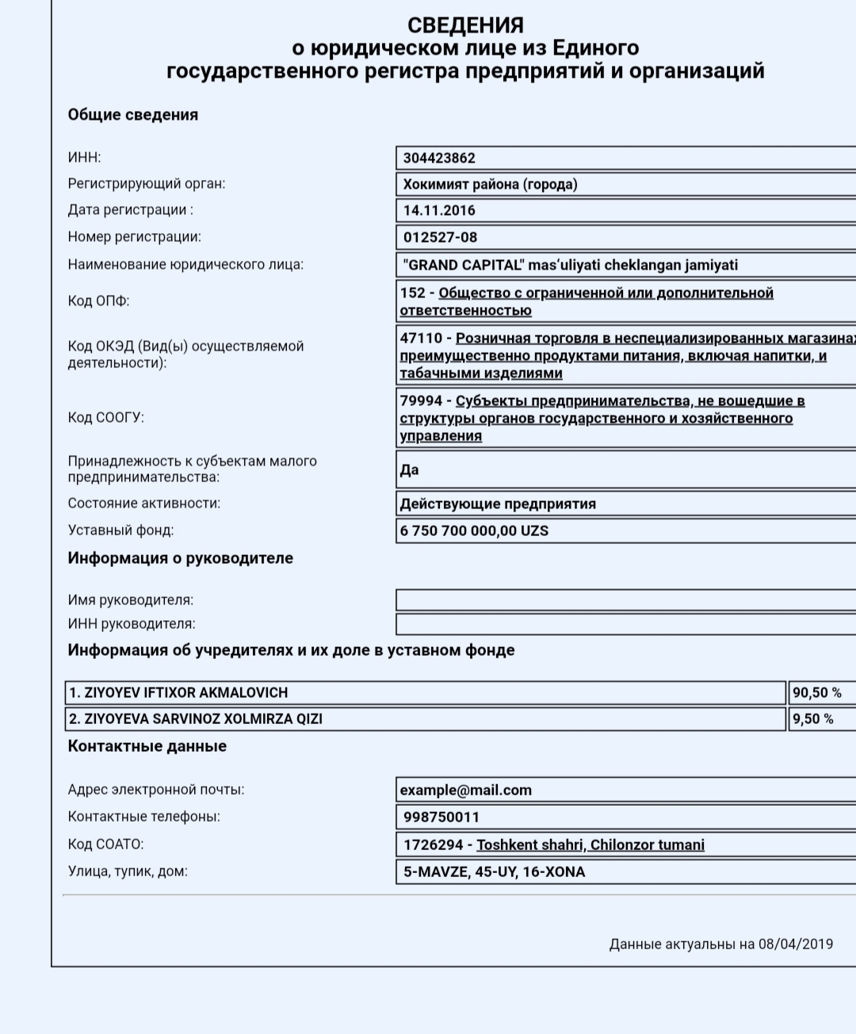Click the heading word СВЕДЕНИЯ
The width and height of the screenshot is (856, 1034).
[465, 25]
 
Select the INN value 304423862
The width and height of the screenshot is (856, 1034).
[439, 158]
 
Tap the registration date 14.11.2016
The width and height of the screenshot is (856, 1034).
[439, 210]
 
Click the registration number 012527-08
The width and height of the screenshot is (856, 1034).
[440, 237]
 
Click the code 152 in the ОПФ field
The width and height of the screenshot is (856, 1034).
[412, 293]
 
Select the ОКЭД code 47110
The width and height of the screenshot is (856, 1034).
[421, 338]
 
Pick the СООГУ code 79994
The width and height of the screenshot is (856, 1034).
[421, 400]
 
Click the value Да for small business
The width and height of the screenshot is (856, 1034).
[409, 470]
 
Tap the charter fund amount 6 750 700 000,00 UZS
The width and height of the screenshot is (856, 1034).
[474, 530]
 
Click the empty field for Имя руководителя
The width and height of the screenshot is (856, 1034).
[625, 600]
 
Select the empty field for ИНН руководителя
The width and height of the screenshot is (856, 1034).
[625, 624]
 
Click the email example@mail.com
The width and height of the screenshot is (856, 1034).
[465, 790]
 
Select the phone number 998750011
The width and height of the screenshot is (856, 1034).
[441, 817]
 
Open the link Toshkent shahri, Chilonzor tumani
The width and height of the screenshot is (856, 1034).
[590, 844]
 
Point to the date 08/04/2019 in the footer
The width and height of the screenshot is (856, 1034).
[795, 944]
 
